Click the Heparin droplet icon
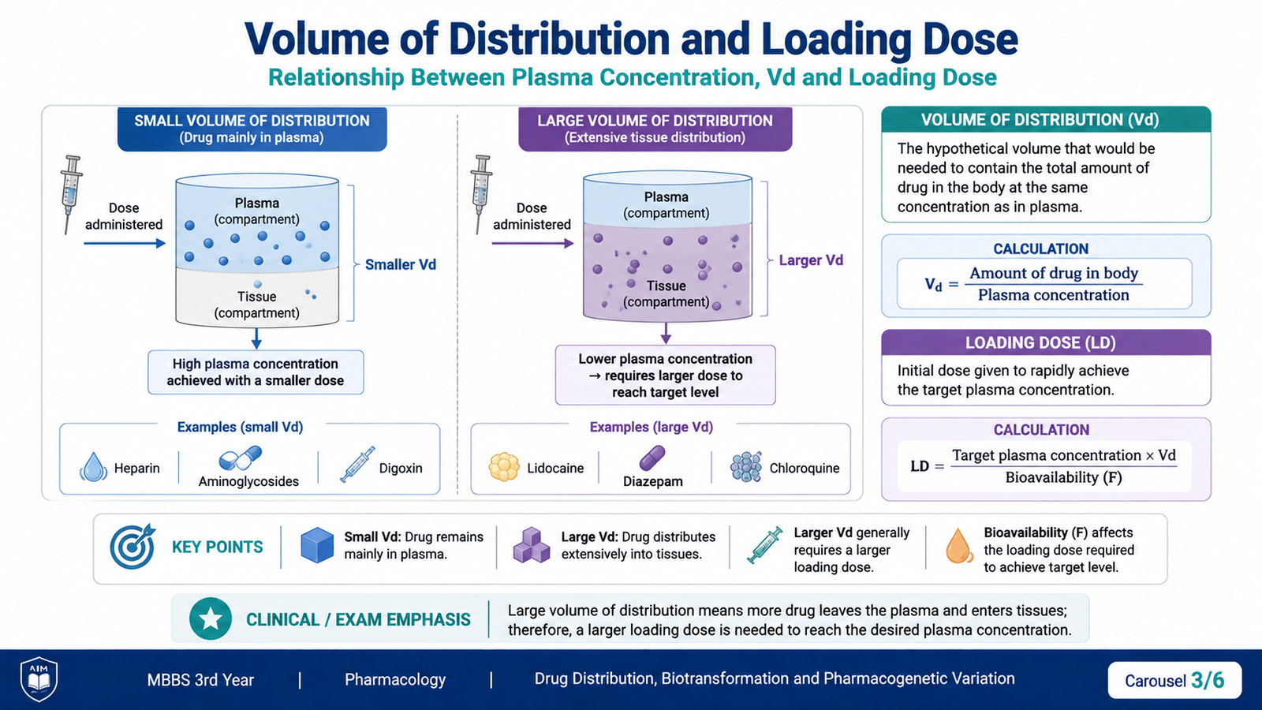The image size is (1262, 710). pos(94,467)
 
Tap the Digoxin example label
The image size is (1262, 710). pos(401,469)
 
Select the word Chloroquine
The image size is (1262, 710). pos(804,469)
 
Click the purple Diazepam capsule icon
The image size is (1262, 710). pos(652,458)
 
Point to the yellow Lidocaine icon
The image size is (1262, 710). pos(504,467)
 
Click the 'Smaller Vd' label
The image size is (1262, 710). pos(401,265)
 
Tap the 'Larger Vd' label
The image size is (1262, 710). pos(811,260)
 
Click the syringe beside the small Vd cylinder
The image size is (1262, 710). pos(71,194)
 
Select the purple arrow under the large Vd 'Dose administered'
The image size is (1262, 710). pos(532,244)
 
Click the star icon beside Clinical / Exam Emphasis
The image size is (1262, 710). pos(211,618)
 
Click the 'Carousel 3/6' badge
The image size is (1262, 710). pos(1174,680)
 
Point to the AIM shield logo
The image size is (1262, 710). pos(39,678)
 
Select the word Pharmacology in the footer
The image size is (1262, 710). pos(395,679)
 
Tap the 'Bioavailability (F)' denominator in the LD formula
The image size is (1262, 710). pos(1064,478)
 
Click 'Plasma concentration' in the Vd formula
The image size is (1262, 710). pos(1054,295)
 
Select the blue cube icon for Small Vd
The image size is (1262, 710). pos(317,545)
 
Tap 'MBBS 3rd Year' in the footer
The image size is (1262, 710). pos(200,680)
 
